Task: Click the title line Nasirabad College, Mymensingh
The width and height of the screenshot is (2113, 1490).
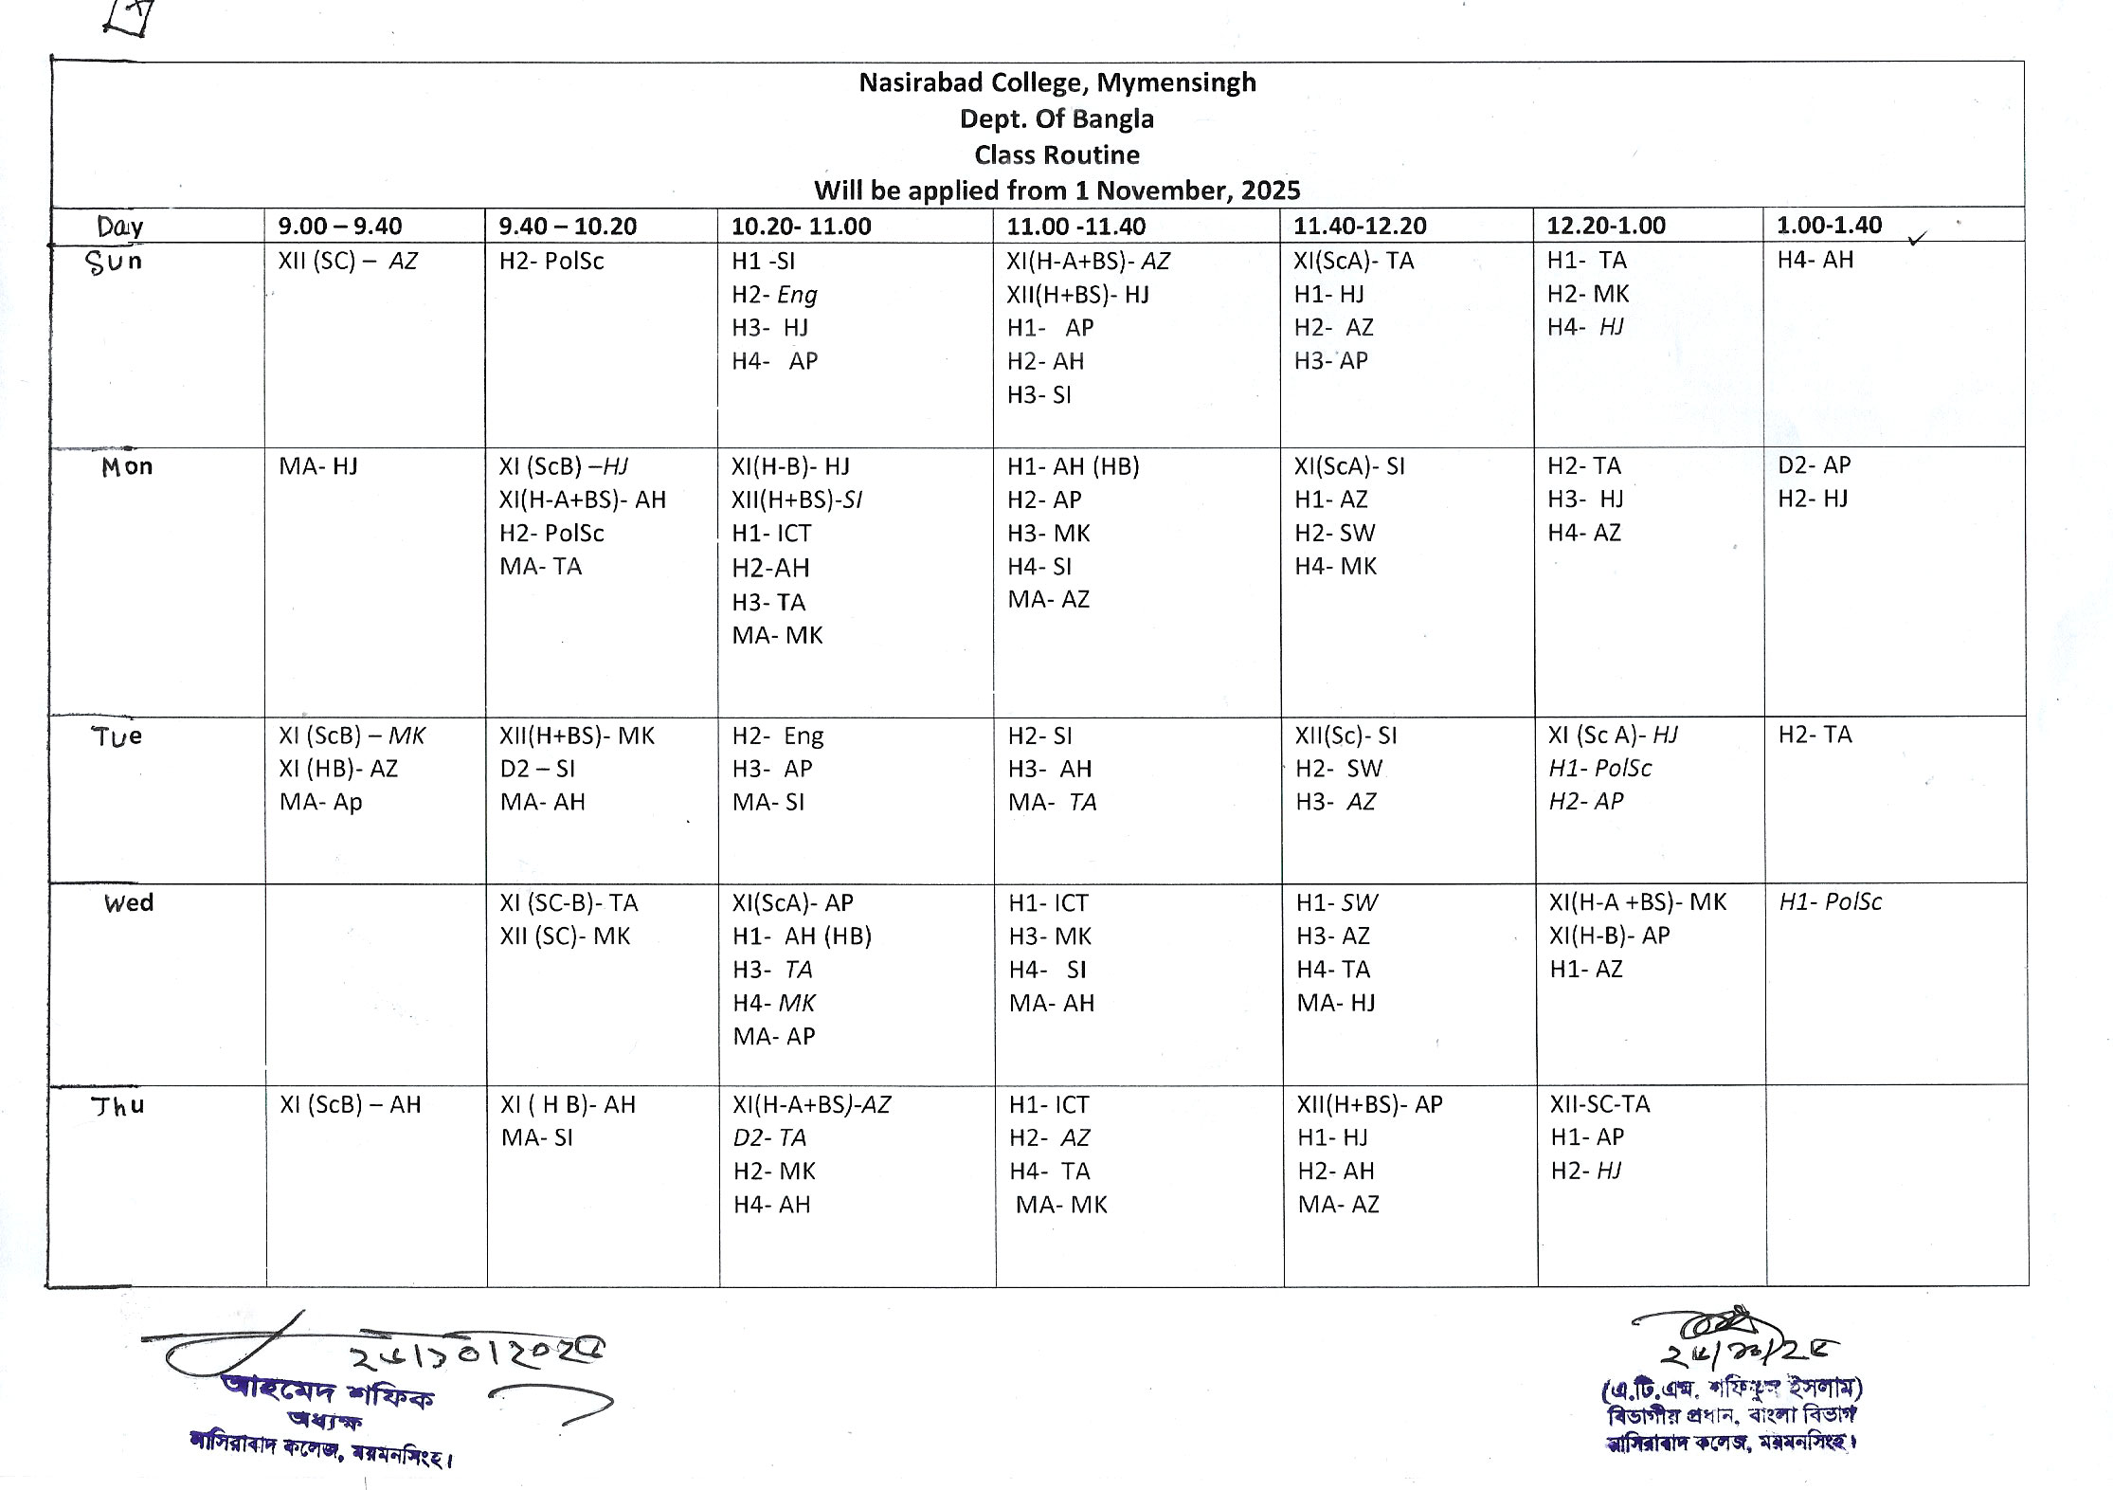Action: (1056, 82)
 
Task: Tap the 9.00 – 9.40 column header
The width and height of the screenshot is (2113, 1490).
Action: (339, 226)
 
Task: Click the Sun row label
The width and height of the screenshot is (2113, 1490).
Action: (114, 261)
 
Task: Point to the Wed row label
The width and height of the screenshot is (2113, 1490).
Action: (129, 902)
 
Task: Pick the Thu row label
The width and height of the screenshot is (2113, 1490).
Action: (117, 1106)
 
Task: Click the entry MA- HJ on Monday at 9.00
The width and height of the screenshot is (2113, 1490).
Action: (317, 466)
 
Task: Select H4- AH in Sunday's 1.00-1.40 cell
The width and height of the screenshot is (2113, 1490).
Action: (1815, 260)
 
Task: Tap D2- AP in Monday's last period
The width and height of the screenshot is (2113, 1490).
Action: (1814, 465)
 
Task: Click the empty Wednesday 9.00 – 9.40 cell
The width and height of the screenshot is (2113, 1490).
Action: (375, 983)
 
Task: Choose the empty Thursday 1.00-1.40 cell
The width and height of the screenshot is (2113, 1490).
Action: (1896, 1185)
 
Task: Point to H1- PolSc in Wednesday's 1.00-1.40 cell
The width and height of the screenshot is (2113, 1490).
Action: (1830, 902)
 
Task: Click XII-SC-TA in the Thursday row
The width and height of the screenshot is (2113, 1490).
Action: (1599, 1104)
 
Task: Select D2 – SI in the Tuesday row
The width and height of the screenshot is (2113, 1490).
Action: (537, 769)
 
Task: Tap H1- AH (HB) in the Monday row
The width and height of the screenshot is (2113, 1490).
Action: (1073, 466)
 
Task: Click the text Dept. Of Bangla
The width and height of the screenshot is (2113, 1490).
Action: (1056, 118)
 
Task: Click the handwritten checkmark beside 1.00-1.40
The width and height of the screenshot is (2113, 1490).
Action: (1918, 239)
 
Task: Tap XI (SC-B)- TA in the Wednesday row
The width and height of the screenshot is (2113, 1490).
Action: (569, 902)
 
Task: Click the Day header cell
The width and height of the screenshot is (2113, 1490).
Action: (120, 226)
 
